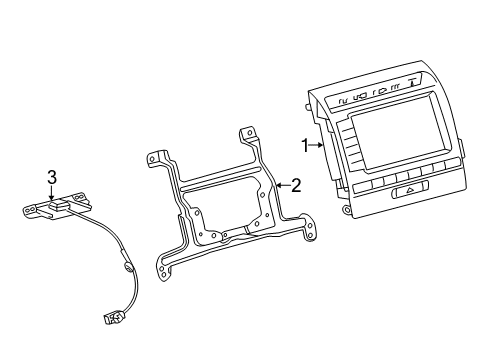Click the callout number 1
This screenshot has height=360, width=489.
305,146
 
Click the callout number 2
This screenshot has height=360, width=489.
296,186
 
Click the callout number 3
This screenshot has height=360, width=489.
52,177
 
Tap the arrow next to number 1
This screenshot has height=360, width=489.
316,145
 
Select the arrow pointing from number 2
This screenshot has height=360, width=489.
283,185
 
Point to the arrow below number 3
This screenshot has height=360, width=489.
51,194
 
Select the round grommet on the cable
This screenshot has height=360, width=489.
128,267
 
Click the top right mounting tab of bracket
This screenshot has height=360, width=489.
249,133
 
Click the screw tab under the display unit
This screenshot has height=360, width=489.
347,209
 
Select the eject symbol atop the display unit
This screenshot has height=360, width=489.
413,82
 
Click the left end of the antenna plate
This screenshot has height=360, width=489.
30,210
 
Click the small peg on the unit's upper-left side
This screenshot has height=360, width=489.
306,107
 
